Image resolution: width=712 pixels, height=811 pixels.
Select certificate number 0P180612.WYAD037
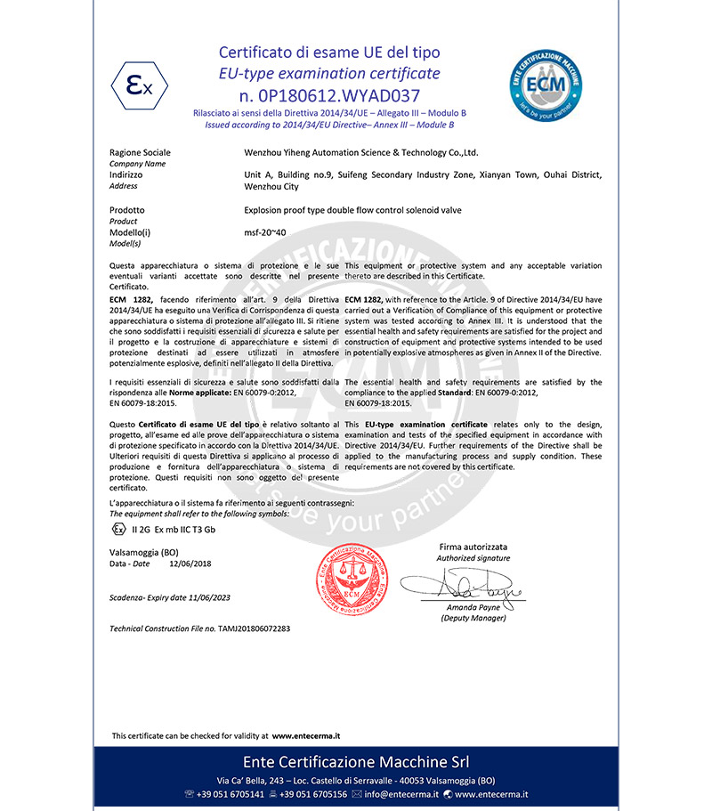(x=329, y=93)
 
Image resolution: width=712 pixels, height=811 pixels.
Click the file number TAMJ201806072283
(x=254, y=629)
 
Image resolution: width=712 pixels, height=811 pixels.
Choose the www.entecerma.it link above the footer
(x=305, y=736)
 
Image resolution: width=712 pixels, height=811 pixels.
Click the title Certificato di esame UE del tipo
(x=329, y=53)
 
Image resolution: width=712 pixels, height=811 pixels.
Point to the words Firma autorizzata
(x=473, y=546)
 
